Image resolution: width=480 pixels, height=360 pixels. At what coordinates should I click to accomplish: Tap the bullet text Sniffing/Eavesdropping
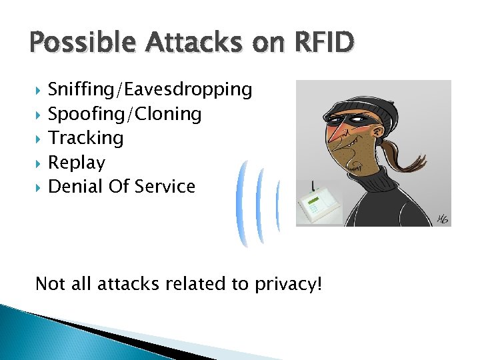(150, 89)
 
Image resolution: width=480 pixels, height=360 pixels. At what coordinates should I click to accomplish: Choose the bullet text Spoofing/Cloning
(125, 114)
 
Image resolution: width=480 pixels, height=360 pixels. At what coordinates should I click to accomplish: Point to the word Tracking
(86, 138)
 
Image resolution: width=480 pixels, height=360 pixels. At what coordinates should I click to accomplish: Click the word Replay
(77, 163)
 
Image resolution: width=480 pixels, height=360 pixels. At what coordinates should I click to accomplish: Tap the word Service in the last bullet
(165, 187)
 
